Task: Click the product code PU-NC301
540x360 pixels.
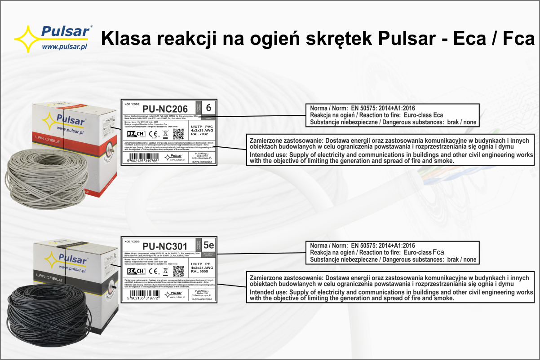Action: coord(165,246)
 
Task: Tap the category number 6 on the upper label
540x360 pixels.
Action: coord(208,108)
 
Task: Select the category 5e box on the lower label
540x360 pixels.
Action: coord(208,246)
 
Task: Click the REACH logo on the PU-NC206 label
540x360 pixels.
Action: coord(136,134)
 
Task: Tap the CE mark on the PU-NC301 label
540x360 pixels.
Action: coord(153,271)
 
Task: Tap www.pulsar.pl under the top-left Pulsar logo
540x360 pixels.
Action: coord(64,46)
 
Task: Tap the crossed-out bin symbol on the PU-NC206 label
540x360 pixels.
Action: coord(165,134)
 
